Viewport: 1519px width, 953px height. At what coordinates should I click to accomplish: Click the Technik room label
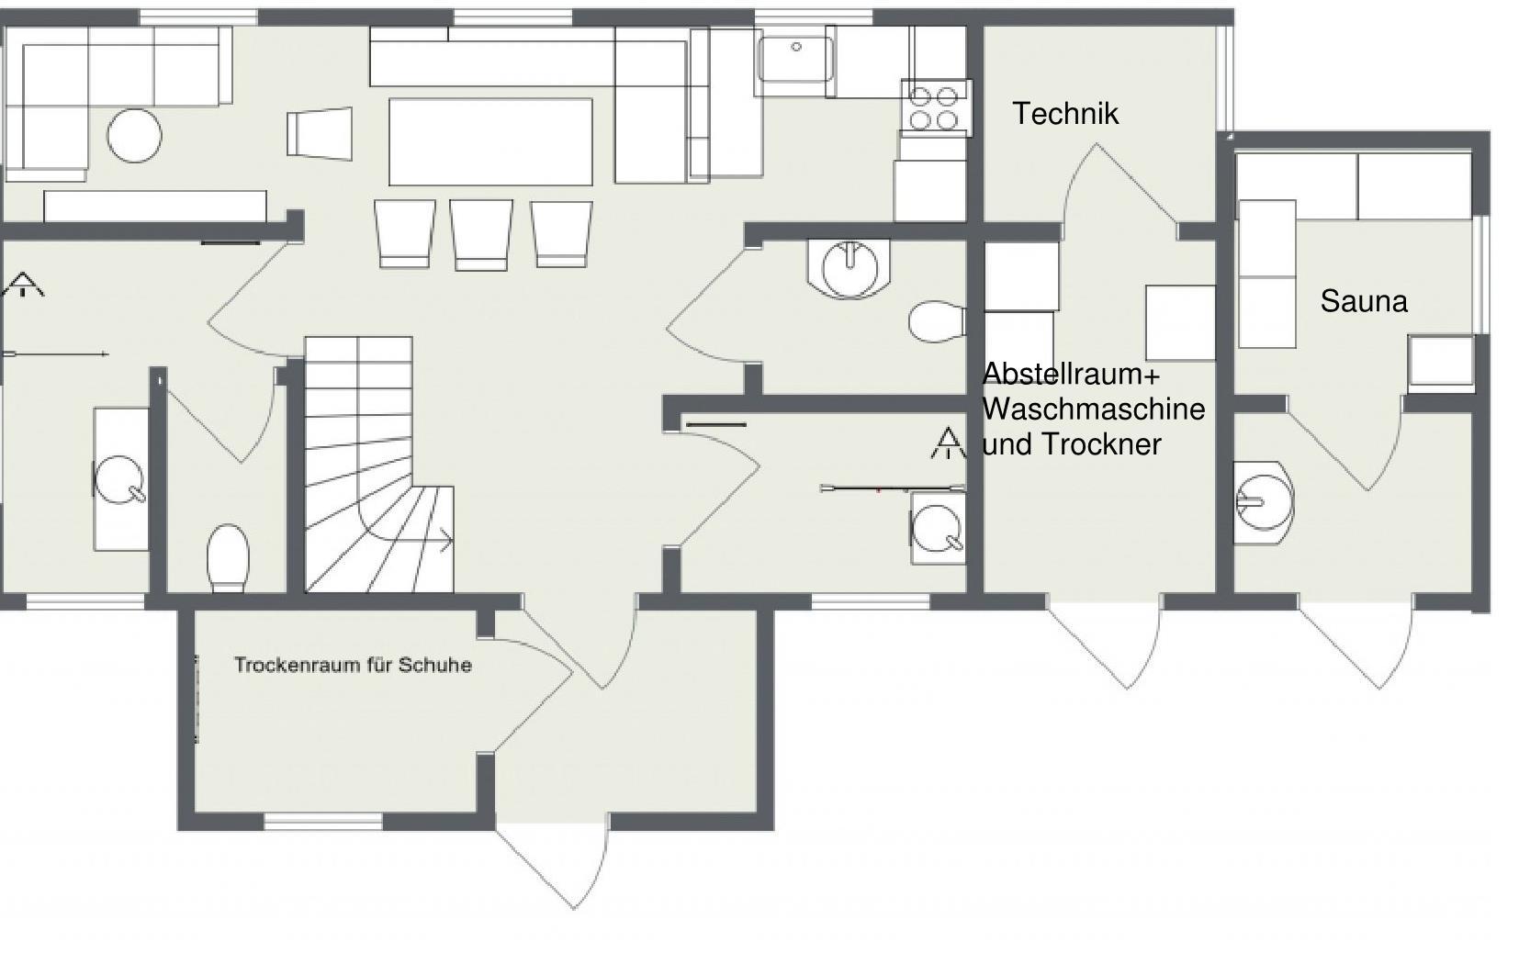[x=1065, y=114]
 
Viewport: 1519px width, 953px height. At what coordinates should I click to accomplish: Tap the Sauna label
[x=1364, y=302]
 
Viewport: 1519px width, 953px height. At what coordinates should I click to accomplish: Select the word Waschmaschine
[x=1094, y=409]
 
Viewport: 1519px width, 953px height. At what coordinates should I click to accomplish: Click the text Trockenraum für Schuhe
[x=353, y=665]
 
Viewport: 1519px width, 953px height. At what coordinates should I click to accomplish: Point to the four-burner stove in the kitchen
[x=935, y=108]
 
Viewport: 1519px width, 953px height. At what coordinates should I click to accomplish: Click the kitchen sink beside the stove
[x=794, y=59]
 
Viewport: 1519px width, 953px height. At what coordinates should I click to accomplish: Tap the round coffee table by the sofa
[x=134, y=136]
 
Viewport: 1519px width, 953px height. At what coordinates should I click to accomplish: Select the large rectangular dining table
[x=490, y=141]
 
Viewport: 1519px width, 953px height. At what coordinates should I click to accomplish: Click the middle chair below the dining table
[x=481, y=234]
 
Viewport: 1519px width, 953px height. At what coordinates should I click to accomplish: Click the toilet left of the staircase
[x=228, y=558]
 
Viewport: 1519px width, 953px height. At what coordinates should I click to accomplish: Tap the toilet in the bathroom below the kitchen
[x=937, y=322]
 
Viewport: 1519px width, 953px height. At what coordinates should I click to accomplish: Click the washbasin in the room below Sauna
[x=1264, y=504]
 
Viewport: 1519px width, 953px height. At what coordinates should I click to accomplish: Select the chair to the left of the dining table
[x=321, y=133]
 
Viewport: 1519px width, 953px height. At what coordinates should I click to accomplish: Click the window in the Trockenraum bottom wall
[x=322, y=823]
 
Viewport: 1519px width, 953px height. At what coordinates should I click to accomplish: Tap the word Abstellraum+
[x=1072, y=375]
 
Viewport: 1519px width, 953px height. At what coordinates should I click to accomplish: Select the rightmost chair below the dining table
[x=561, y=234]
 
